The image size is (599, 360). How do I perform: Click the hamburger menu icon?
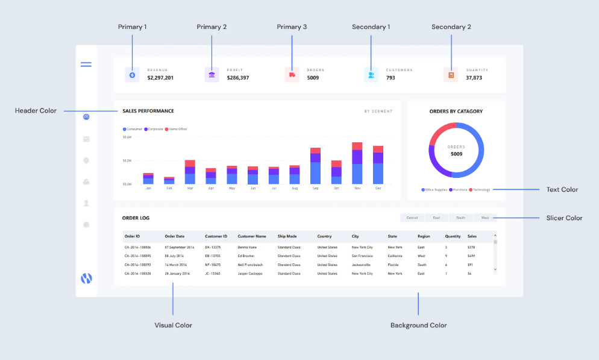tap(86, 64)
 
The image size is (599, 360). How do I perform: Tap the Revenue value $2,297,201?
tap(160, 78)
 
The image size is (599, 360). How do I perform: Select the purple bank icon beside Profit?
tap(212, 75)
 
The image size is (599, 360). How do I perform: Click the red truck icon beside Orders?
tap(292, 75)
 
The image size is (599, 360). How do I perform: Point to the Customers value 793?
tap(390, 78)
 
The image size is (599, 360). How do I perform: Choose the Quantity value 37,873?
tap(474, 78)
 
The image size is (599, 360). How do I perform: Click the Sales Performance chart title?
tap(148, 111)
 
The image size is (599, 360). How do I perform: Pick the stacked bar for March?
tap(190, 172)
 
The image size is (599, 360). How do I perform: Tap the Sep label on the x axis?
tap(315, 188)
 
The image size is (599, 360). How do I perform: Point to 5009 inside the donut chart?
tap(456, 154)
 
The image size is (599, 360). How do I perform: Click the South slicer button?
tap(460, 218)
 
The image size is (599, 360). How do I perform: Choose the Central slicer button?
tap(412, 218)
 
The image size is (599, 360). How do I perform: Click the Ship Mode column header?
tap(287, 236)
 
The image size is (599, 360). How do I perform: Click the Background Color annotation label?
tap(418, 325)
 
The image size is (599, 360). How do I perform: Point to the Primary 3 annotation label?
tap(292, 27)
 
